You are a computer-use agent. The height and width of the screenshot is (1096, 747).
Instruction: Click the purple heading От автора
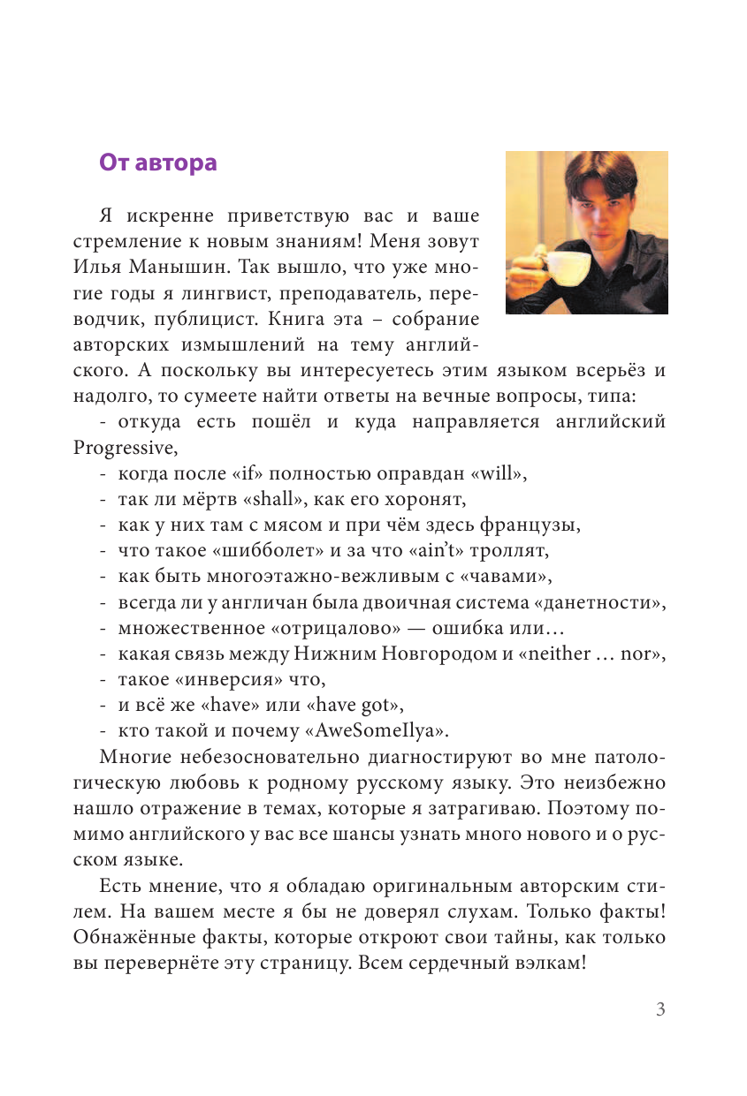point(157,163)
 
